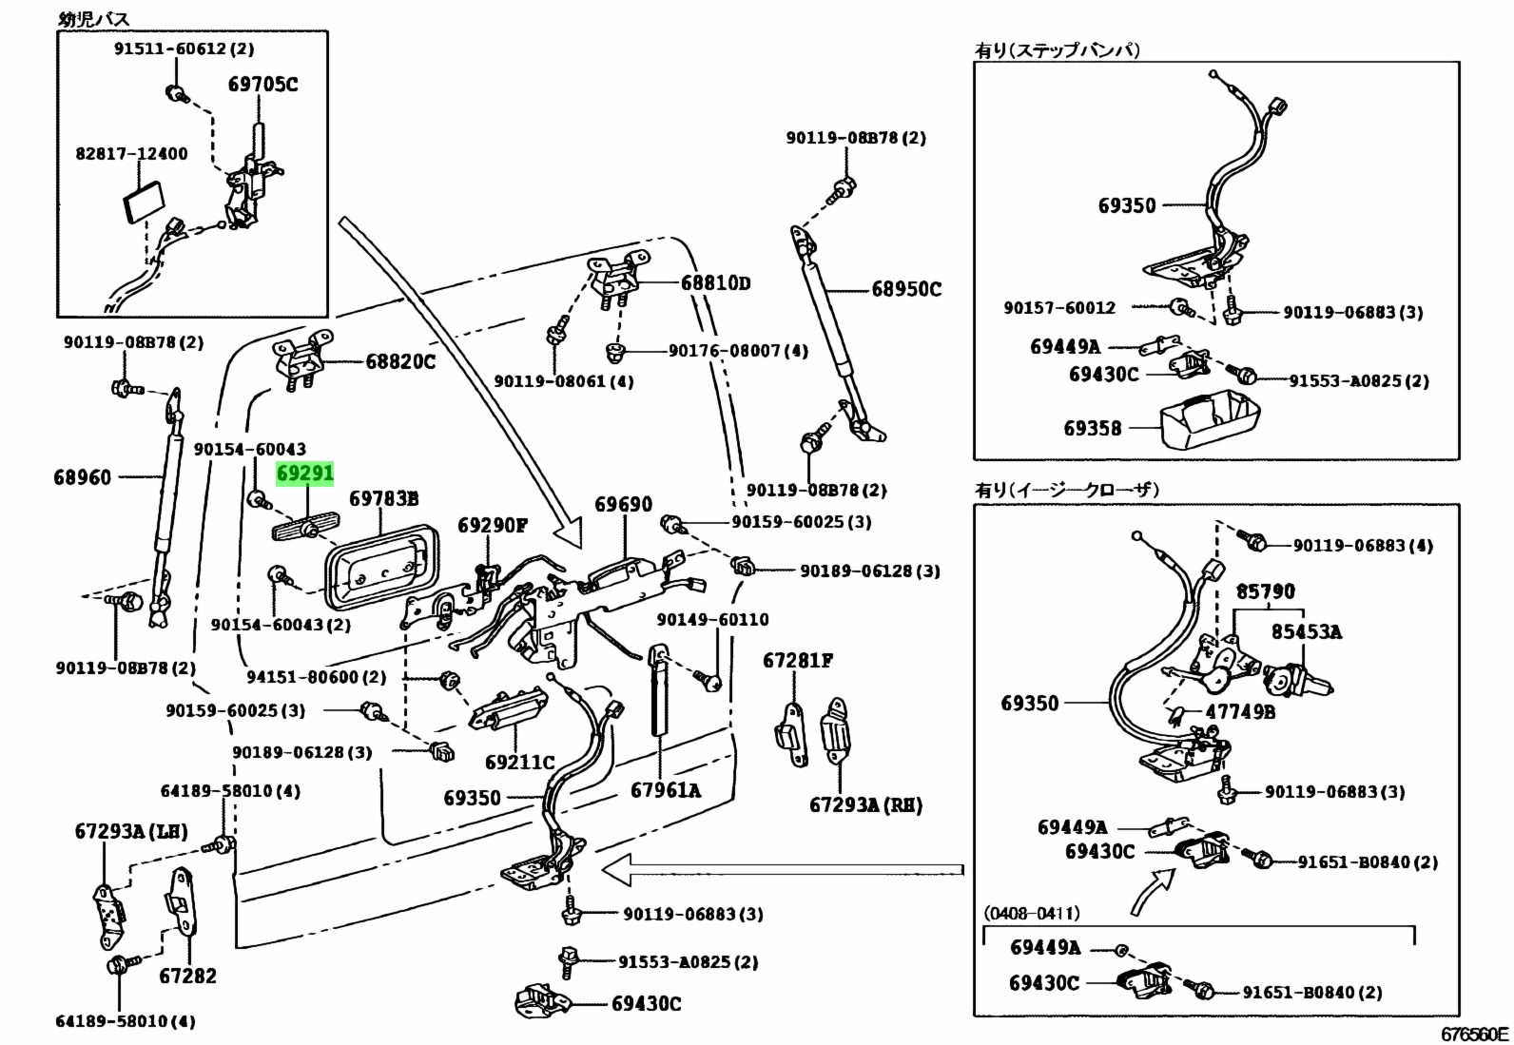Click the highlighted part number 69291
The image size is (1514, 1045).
305,473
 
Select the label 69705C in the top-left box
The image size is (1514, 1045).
262,85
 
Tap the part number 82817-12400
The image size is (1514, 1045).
131,153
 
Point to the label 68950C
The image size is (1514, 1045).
906,288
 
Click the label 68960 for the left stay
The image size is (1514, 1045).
82,476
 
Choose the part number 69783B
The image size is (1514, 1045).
383,498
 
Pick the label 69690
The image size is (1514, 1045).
624,504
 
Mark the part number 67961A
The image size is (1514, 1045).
666,788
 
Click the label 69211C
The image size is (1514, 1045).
519,762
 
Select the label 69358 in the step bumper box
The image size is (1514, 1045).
1093,428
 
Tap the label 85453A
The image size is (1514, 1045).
1307,631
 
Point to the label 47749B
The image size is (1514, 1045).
1241,711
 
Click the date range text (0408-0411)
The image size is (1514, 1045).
1032,913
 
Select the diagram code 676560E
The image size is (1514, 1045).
1473,1034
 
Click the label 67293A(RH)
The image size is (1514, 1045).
865,804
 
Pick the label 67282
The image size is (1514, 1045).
187,976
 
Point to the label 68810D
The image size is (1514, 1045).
715,282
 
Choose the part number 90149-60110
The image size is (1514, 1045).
712,619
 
